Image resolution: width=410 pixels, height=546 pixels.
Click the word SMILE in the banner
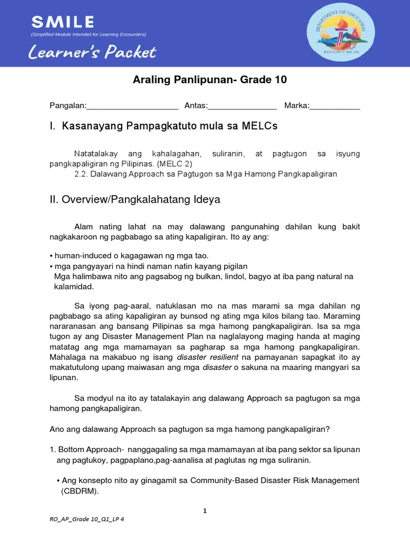[x=62, y=22]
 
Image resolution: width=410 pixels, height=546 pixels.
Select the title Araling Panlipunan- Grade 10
[x=209, y=80]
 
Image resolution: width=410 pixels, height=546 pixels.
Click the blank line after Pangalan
[x=132, y=106]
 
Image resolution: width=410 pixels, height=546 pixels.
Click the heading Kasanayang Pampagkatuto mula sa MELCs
[x=170, y=126]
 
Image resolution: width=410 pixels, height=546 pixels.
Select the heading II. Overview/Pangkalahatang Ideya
[x=135, y=200]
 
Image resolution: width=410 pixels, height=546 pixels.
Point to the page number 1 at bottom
[x=205, y=511]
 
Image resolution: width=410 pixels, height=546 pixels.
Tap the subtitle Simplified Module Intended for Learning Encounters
[x=89, y=35]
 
